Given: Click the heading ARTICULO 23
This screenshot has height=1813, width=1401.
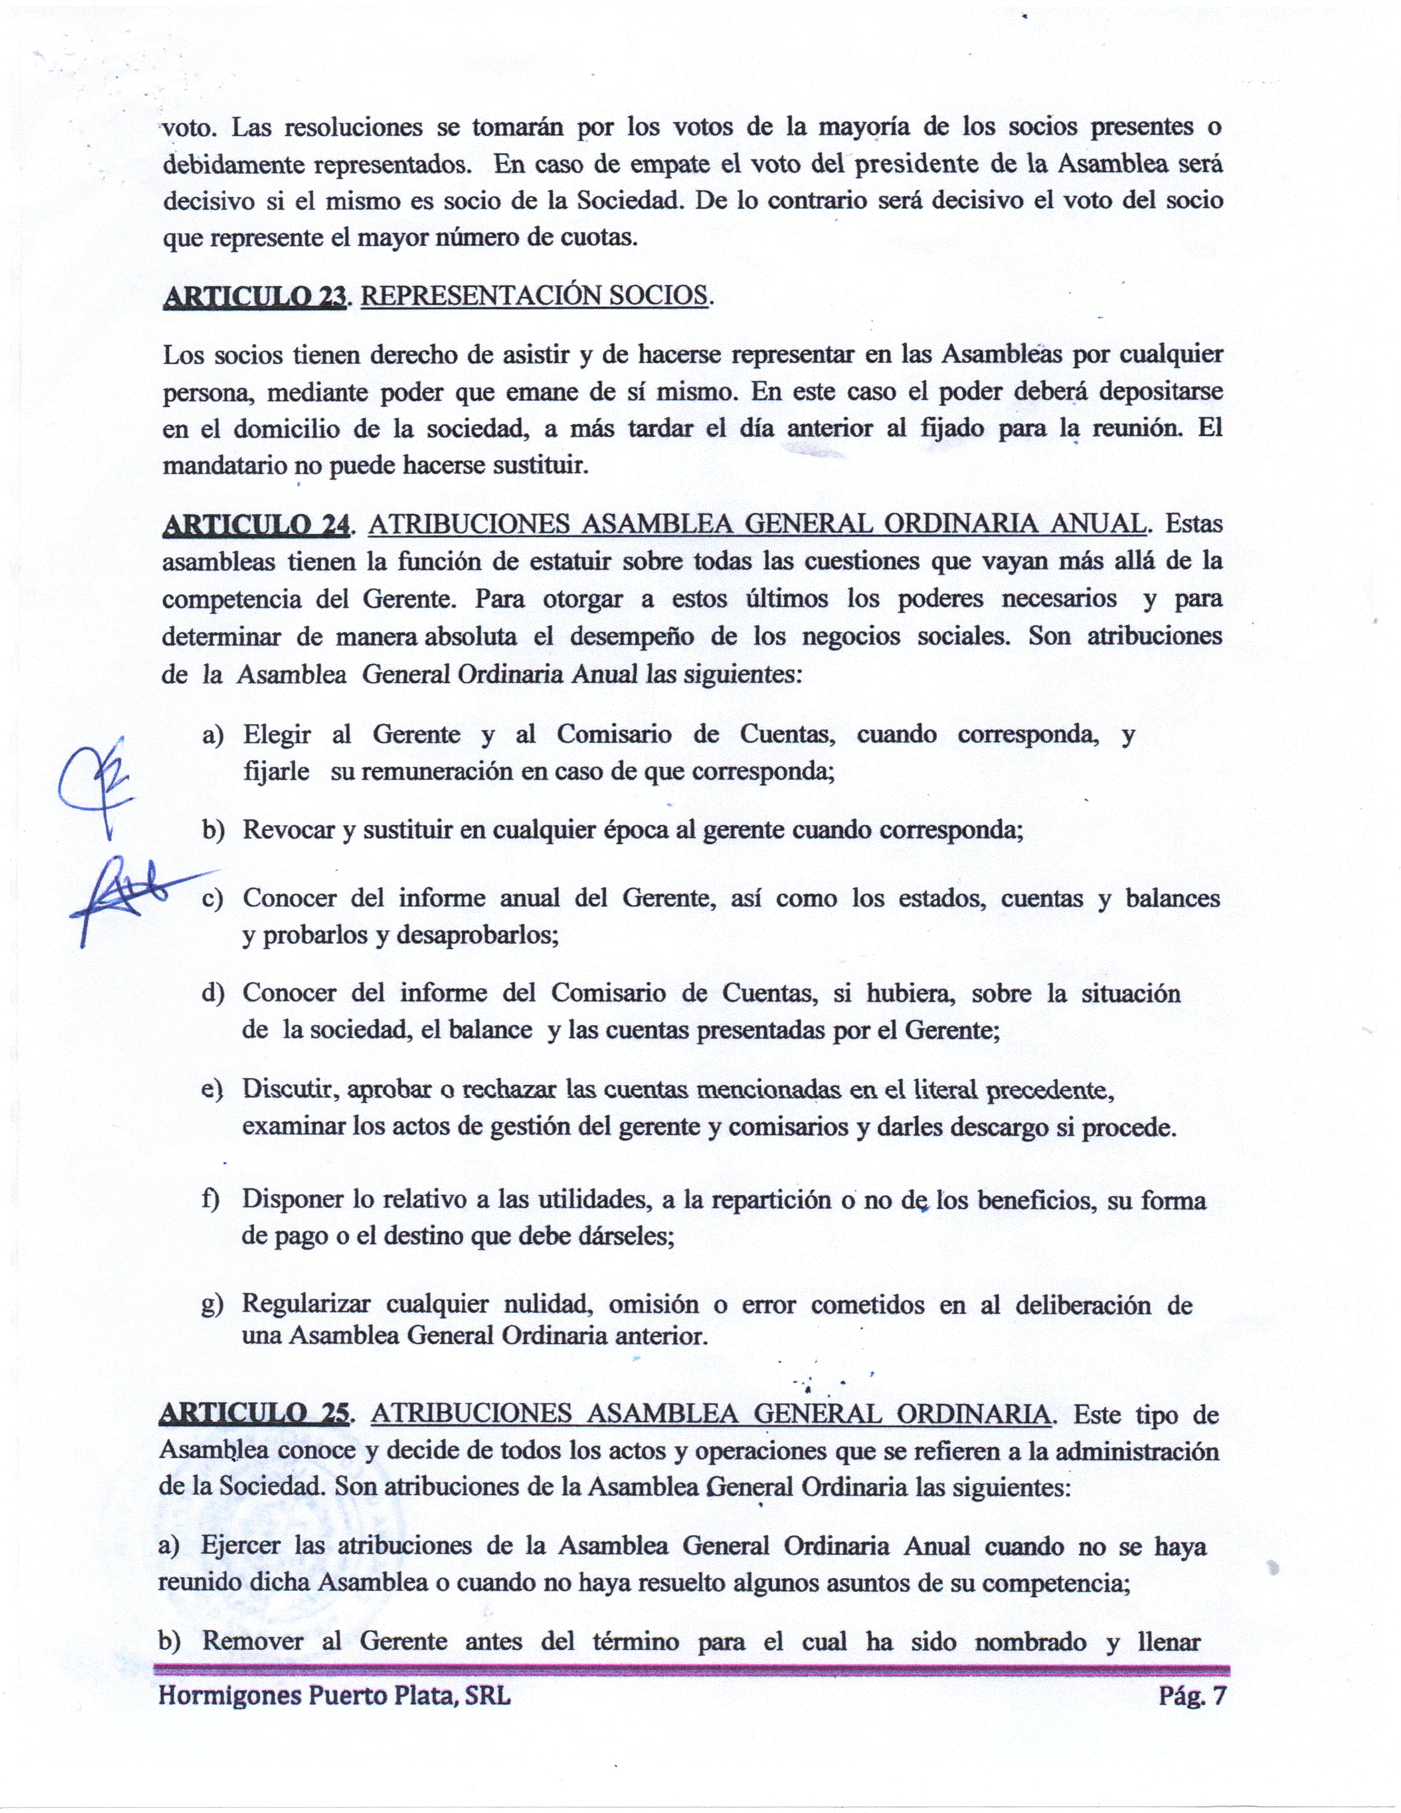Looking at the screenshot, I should pyautogui.click(x=255, y=296).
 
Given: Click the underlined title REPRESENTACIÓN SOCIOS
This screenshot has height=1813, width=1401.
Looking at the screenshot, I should pyautogui.click(x=535, y=296).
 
